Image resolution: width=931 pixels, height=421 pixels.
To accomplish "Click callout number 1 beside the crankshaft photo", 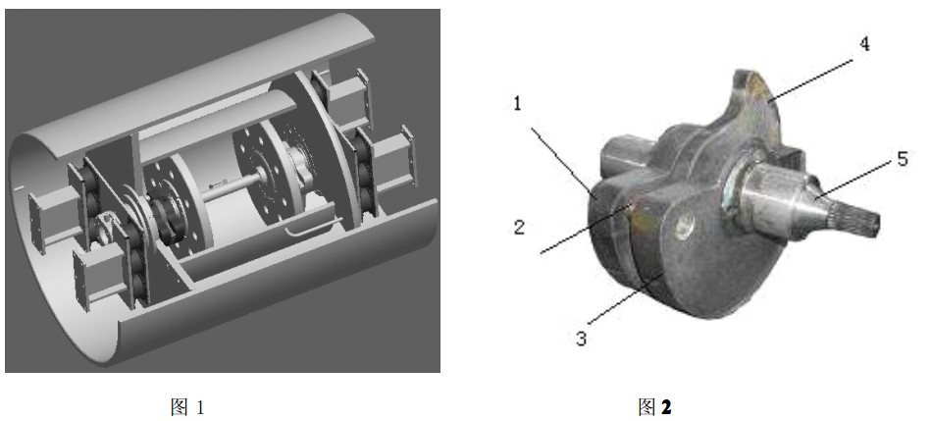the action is pos(517,104).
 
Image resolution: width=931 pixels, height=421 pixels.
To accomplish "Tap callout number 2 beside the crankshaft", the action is pos(520,228).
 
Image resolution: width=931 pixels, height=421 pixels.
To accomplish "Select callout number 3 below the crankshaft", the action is pos(582,338).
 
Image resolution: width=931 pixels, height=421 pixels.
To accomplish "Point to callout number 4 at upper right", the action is pos(864,43).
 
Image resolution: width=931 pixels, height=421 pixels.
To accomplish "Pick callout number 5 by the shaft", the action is pos(902,159).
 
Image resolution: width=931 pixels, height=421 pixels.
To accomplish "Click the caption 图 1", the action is pos(187,406).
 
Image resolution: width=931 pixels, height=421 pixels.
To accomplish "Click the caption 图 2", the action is pos(654,406).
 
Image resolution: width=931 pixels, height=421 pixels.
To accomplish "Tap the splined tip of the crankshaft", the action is pos(859,220).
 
